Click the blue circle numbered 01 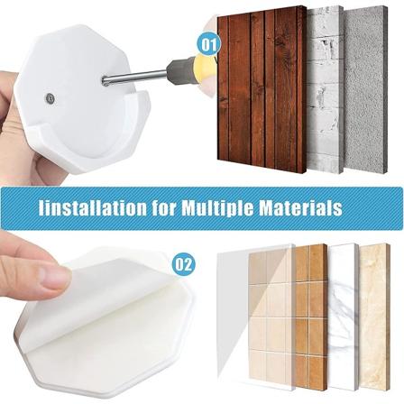(x=208, y=44)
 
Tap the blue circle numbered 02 (x=183, y=264)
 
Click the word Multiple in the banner (x=218, y=207)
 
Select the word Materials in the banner (x=301, y=207)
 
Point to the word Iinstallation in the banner (x=93, y=207)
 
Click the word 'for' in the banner (x=164, y=207)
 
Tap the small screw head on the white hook (x=49, y=98)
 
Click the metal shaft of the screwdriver (x=134, y=78)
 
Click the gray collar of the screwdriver (x=179, y=69)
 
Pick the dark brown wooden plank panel (x=262, y=89)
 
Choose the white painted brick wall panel (x=326, y=89)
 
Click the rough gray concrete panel (x=365, y=89)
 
